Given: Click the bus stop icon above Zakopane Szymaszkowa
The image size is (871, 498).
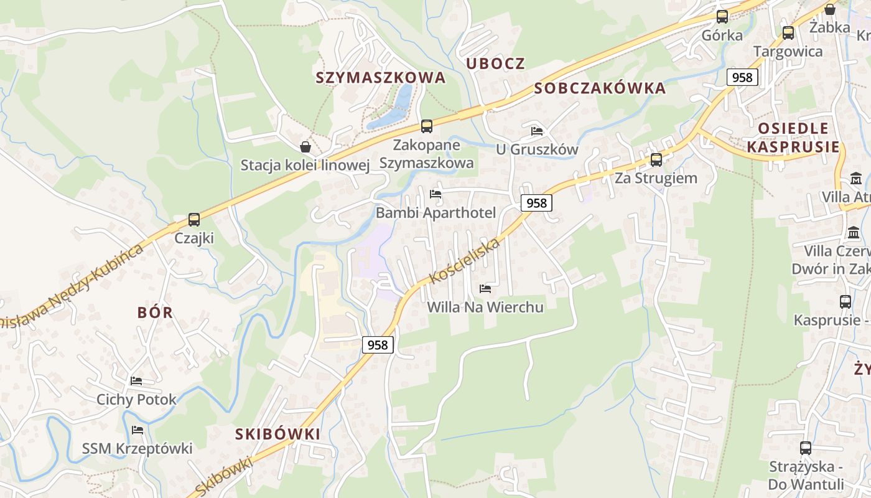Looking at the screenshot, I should pos(426,126).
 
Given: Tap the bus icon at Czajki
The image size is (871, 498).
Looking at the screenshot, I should pos(194,220).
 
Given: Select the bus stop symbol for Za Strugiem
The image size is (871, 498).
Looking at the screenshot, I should pos(656,160).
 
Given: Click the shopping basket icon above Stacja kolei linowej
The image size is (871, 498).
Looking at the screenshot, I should pos(305,147).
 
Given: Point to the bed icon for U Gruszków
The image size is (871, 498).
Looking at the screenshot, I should pos(537,131).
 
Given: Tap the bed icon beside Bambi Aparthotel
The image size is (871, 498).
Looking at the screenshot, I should pos(435,194).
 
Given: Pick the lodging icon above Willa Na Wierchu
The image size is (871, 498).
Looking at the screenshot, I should pos(485,289).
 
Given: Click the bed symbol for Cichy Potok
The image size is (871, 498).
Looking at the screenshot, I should pos(136,381).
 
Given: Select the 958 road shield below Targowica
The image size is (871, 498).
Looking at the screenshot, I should pos(742,77).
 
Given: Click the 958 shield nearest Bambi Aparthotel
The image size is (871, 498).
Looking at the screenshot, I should pos(536,203).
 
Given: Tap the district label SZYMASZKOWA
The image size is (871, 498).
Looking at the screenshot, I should pos(381,78).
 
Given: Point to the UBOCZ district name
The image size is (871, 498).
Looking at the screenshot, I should pos(495,63).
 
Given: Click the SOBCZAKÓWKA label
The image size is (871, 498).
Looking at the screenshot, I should pos(600,88).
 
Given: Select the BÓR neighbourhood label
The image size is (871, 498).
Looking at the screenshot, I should pos(155,312).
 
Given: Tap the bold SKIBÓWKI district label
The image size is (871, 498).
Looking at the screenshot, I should pos(277,434).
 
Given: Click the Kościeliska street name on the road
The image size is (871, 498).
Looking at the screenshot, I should pos(465,260).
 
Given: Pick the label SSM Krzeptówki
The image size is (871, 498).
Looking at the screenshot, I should pos(137,448).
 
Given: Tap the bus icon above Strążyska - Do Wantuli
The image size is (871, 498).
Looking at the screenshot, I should pos(805,448).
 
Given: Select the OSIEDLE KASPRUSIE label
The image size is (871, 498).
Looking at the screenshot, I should pos(793,138).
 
